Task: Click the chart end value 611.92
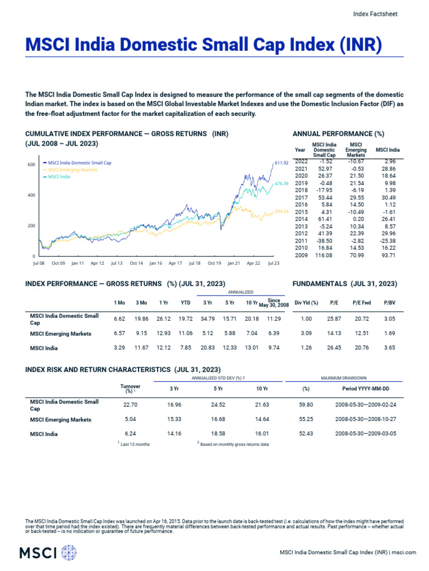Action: (282, 163)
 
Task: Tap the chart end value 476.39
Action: (282, 183)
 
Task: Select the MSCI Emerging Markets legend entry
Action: (72, 170)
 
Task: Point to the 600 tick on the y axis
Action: (31, 164)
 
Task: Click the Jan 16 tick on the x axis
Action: (155, 262)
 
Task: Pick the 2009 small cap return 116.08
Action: (324, 255)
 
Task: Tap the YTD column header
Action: (186, 302)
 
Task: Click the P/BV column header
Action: (389, 302)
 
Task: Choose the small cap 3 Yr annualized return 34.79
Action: (207, 319)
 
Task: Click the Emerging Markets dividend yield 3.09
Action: (306, 333)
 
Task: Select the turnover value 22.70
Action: (130, 405)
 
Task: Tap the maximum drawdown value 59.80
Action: (306, 405)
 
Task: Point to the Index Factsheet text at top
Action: (376, 14)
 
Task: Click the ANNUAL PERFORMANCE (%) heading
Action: (338, 134)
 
